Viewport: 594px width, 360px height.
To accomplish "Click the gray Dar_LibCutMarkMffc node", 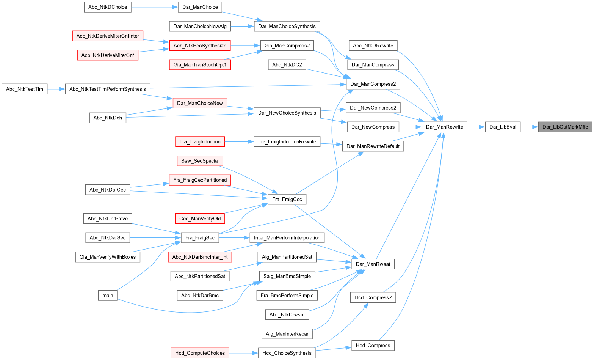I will click(x=565, y=127).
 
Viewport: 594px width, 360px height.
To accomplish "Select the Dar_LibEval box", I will click(x=503, y=127).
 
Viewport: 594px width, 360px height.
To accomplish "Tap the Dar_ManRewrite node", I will click(x=444, y=127).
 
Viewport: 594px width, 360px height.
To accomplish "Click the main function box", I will click(x=108, y=295).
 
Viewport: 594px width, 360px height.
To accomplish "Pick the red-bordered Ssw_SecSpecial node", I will click(x=200, y=161).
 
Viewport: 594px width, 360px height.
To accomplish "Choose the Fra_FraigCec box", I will click(x=287, y=199).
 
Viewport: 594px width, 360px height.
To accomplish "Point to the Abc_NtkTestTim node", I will click(x=25, y=89).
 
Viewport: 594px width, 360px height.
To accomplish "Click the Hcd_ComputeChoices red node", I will click(x=200, y=353).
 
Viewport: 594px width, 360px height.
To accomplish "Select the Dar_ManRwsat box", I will click(x=373, y=264).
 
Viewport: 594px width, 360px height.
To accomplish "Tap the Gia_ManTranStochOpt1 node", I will click(x=200, y=64).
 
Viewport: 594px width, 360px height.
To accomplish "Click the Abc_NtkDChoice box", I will click(x=108, y=7).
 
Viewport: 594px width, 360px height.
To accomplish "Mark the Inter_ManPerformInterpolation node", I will click(x=287, y=237).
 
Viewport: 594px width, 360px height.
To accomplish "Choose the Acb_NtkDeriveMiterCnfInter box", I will click(x=108, y=36).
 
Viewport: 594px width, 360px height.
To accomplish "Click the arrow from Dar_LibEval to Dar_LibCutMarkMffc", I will click(x=530, y=127).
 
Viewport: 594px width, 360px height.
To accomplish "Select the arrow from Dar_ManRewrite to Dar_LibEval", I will click(x=476, y=127).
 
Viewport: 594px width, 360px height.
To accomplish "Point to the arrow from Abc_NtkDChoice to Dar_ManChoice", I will click(x=155, y=7).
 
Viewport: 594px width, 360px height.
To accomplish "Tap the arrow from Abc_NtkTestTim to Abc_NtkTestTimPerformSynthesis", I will click(x=56, y=89).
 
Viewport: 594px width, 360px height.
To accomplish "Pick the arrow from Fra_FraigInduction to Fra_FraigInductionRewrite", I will click(x=239, y=141).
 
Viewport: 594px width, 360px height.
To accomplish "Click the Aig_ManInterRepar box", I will click(x=287, y=334).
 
